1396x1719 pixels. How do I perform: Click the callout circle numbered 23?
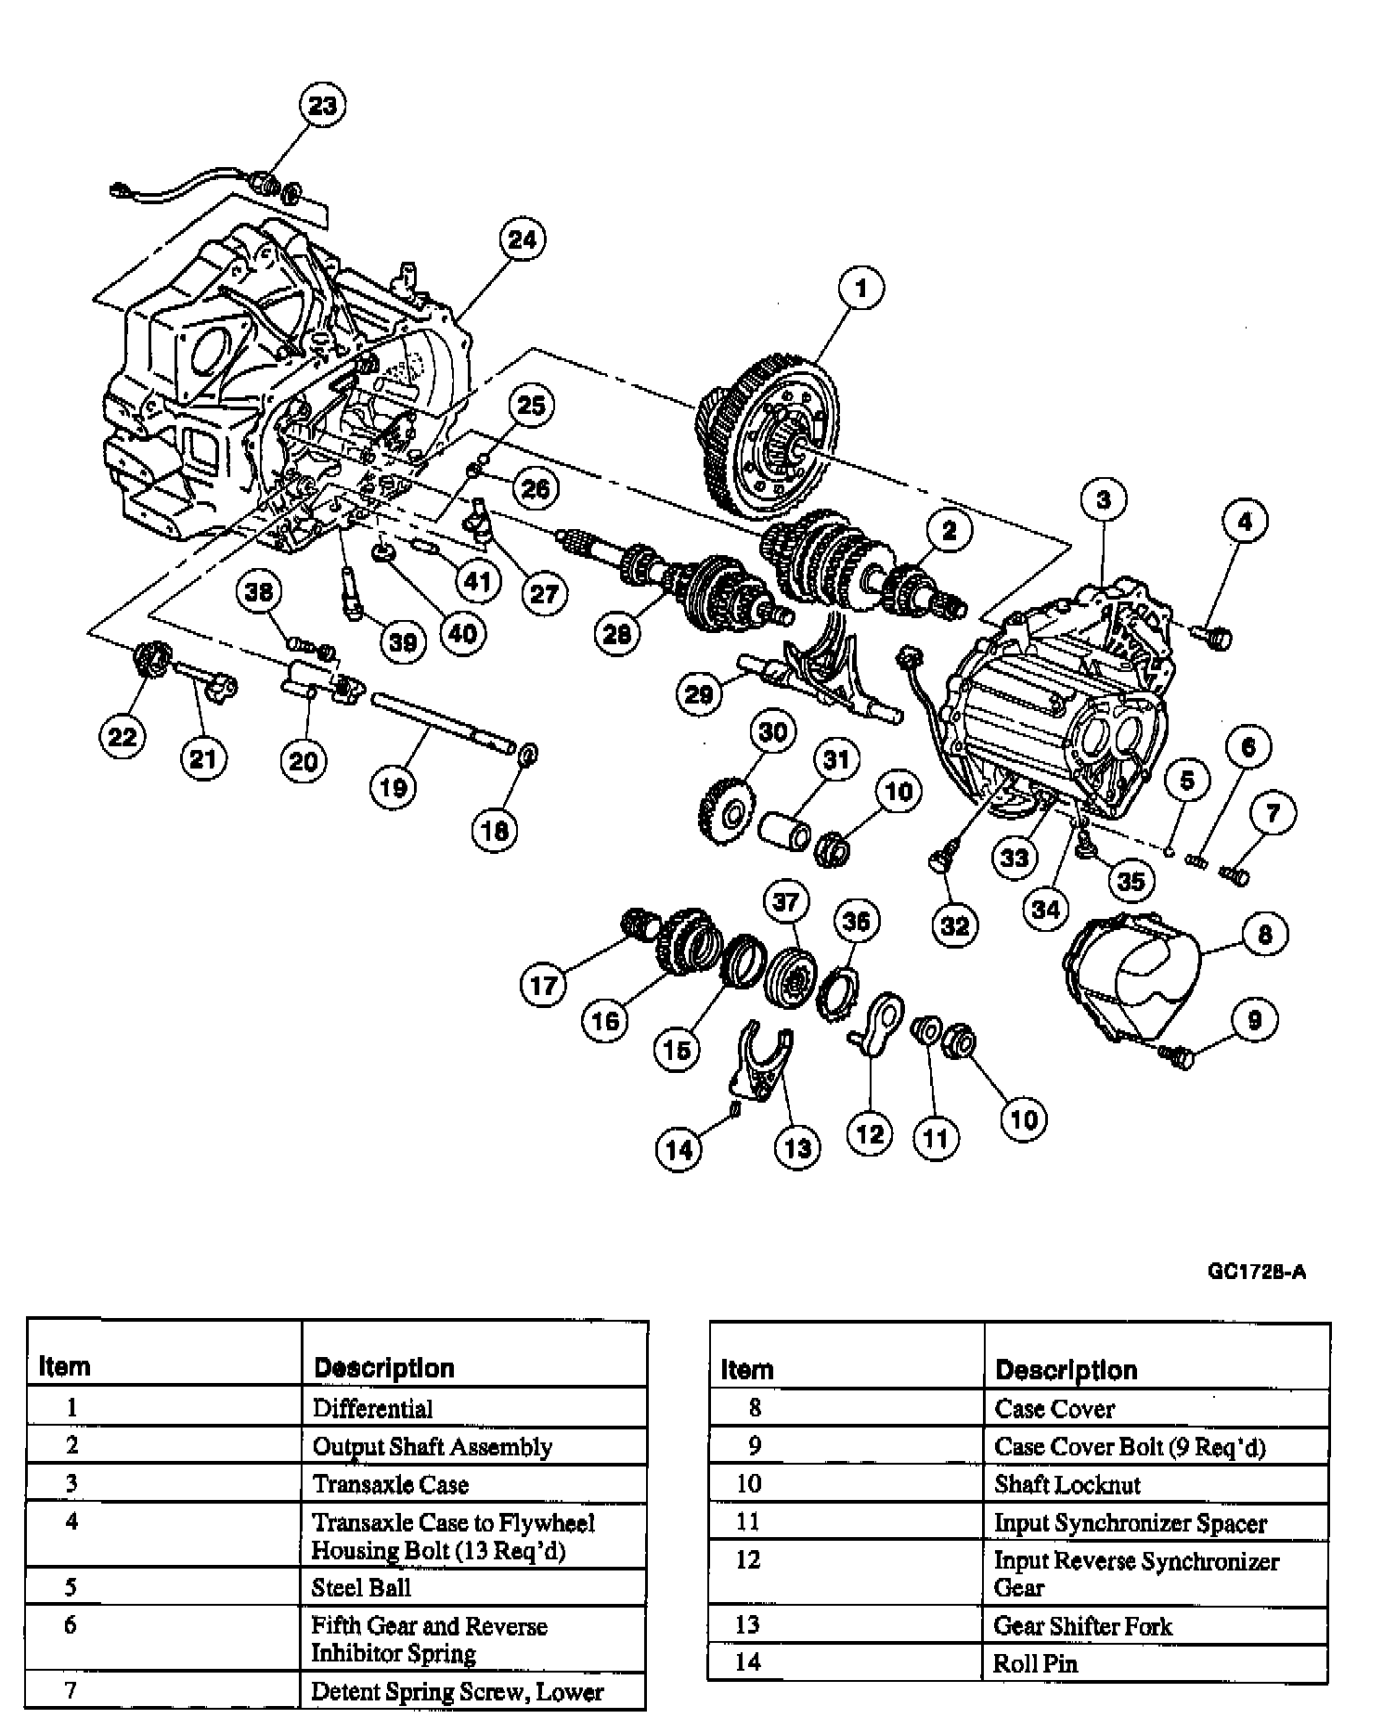(322, 106)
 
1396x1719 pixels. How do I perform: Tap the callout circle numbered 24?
(522, 239)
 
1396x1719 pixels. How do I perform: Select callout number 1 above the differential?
(860, 288)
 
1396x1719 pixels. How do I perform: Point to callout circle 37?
(786, 902)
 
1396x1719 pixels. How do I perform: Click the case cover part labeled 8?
(1128, 979)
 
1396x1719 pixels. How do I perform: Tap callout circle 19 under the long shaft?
(393, 787)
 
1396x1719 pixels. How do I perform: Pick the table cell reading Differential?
(373, 1408)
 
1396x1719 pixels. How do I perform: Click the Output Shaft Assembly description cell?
(433, 1446)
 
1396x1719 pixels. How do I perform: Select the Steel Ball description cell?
(361, 1587)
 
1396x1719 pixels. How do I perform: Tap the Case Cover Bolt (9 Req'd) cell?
(1130, 1446)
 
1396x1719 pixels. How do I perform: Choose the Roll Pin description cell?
(1035, 1663)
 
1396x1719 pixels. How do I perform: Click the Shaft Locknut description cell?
(1067, 1484)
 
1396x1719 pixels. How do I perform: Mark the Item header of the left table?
(65, 1367)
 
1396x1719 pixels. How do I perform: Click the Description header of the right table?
(1066, 1370)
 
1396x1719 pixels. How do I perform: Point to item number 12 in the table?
(748, 1559)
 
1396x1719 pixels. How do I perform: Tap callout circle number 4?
(1244, 522)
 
